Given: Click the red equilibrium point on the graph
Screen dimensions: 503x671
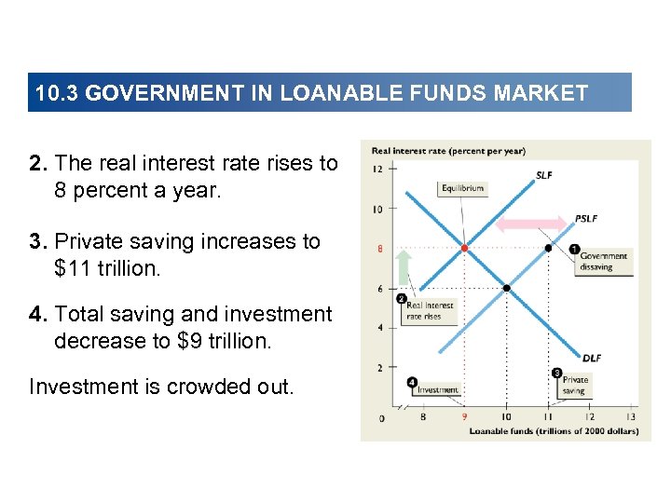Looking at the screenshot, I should [x=464, y=249].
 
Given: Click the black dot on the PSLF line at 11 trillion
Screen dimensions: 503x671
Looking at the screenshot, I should [x=548, y=249].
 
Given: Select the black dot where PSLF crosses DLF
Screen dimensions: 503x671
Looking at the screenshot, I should [x=506, y=288].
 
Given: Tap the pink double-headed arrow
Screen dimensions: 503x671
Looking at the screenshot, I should [x=531, y=224].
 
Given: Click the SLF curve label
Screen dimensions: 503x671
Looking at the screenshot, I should [x=543, y=174].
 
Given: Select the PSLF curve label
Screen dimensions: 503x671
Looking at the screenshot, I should [x=585, y=218].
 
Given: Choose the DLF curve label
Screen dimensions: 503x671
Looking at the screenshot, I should [x=592, y=357].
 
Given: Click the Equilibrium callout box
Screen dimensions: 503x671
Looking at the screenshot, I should [x=462, y=188].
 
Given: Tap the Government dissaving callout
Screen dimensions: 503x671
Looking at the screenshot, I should [x=603, y=261].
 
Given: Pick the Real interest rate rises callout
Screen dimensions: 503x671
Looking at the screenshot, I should [x=430, y=310].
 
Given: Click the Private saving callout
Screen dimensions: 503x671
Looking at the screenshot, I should [x=574, y=386].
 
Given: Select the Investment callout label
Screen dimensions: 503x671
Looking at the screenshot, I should [x=436, y=390].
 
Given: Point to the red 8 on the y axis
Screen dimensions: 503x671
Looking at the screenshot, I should [x=379, y=249].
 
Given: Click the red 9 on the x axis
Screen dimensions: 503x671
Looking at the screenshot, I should [x=464, y=416].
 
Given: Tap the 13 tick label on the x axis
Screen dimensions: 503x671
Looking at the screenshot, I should [x=631, y=416].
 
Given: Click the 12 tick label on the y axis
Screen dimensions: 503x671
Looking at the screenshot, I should [x=377, y=170].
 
